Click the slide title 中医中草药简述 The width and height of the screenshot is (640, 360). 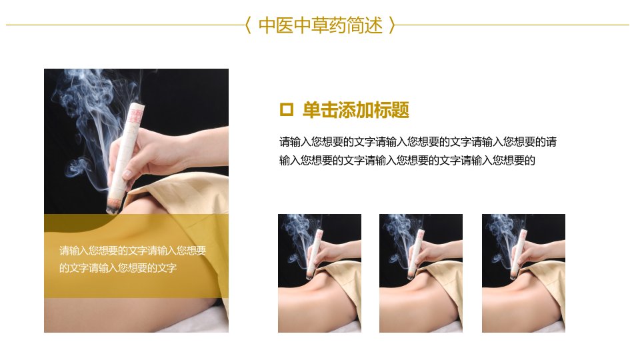tap(321, 25)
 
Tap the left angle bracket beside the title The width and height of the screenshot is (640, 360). tap(248, 25)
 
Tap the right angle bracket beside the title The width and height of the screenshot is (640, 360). tap(392, 25)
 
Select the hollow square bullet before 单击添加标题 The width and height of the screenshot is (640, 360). tap(286, 110)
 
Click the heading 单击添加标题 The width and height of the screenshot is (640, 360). tap(355, 110)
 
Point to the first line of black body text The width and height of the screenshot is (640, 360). tap(418, 142)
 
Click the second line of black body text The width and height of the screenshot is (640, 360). tap(407, 161)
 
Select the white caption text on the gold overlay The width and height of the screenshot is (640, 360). tap(133, 259)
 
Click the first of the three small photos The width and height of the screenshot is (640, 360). tap(319, 273)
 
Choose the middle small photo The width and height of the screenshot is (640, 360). tap(421, 273)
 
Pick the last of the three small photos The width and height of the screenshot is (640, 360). tap(524, 273)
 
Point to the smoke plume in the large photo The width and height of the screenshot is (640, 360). tap(98, 119)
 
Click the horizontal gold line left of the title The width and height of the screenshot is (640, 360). tap(125, 25)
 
